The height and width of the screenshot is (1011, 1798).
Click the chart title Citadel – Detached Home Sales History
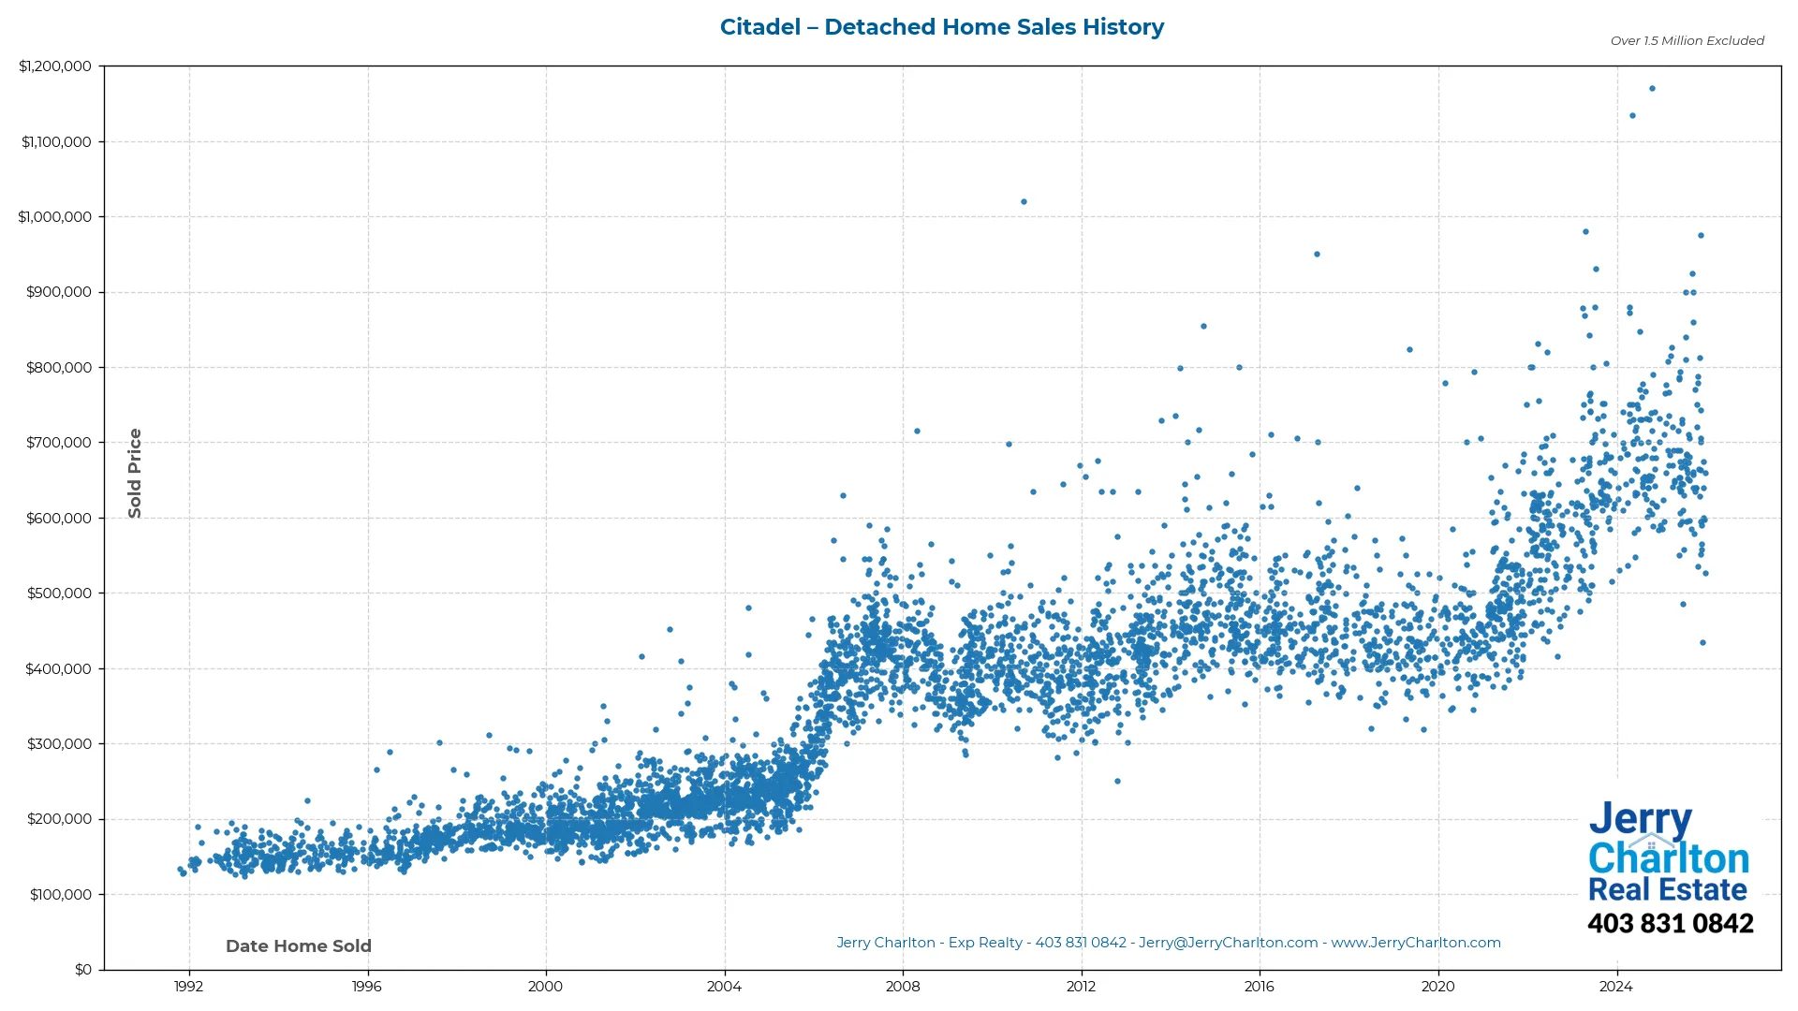tap(941, 27)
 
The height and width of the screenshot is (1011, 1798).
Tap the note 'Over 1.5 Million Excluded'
tap(1687, 40)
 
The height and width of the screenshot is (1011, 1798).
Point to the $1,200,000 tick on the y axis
tap(55, 66)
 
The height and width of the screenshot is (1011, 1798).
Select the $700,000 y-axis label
tap(59, 443)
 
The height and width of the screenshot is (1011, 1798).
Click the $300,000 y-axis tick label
tap(59, 744)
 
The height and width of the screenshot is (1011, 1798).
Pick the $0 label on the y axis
tap(83, 970)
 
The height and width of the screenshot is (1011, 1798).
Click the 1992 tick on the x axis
tap(189, 986)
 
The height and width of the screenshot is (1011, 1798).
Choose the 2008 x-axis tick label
tap(903, 986)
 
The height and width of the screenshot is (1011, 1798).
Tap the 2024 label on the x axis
tap(1616, 986)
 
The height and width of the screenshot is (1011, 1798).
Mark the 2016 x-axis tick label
tap(1260, 986)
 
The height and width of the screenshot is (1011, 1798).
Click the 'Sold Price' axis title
tap(135, 473)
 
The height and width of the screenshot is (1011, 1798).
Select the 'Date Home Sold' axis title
tap(299, 946)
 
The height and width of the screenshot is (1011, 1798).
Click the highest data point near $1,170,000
tap(1652, 89)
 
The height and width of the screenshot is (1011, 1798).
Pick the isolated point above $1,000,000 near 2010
tap(1024, 201)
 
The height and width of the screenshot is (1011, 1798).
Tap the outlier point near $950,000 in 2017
tap(1317, 254)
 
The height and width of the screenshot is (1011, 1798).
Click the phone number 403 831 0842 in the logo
tap(1670, 924)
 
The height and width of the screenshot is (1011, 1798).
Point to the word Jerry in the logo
tap(1640, 819)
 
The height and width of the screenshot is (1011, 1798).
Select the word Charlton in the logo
tap(1669, 858)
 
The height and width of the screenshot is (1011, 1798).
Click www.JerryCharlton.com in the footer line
tap(1416, 943)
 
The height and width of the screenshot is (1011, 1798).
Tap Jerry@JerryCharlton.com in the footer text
tap(1228, 943)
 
